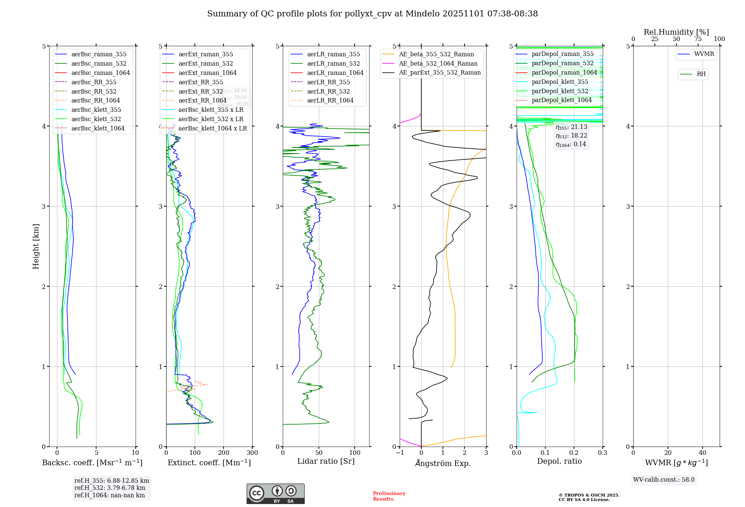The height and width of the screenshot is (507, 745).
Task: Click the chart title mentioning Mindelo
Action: (x=372, y=14)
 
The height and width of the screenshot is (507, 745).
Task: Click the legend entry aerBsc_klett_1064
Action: (x=98, y=128)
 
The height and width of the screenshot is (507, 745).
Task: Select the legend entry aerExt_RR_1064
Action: (x=202, y=100)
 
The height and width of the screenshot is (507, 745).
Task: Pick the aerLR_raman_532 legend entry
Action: (x=333, y=63)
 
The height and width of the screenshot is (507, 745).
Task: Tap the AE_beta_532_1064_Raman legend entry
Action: (x=438, y=63)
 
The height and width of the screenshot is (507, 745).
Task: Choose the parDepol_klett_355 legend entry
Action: (x=560, y=82)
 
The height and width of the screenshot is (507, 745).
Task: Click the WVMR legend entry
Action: (x=704, y=54)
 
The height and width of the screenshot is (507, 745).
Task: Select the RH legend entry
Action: (x=701, y=74)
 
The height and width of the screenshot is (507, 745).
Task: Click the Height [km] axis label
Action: (x=36, y=246)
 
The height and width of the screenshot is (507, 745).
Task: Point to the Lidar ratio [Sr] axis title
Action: (x=326, y=461)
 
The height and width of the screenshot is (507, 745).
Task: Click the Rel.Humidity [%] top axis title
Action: (x=676, y=32)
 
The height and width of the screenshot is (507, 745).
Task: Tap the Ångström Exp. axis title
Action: (x=443, y=463)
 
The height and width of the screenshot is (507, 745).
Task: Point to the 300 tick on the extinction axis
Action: (x=253, y=453)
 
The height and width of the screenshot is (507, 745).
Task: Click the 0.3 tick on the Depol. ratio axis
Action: (x=603, y=453)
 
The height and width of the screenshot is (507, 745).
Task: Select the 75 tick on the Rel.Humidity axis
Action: (x=698, y=39)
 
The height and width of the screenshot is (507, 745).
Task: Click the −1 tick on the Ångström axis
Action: (x=400, y=453)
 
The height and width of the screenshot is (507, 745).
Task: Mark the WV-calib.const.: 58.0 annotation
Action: (x=664, y=480)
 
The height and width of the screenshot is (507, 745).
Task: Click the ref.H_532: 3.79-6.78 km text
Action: (x=110, y=488)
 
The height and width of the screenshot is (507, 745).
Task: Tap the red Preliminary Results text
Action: (x=389, y=496)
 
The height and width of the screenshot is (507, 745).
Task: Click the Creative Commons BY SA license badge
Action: (x=275, y=494)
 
